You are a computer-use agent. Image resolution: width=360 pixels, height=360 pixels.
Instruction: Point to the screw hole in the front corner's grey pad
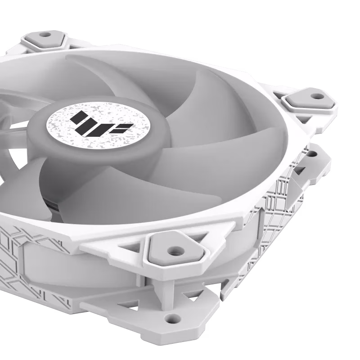[x=173, y=248]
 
